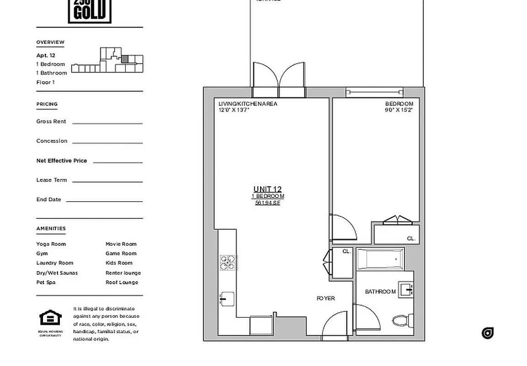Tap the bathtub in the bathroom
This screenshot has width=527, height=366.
coord(380,259)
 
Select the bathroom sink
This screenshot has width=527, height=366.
coord(406,290)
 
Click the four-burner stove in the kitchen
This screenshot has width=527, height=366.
coord(228,263)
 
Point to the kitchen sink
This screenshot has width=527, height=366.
coord(227,299)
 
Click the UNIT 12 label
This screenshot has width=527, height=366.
coord(267,189)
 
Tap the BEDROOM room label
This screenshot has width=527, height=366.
coord(399,104)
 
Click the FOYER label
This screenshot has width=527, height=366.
coord(325,298)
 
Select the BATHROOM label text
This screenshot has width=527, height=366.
coord(380,292)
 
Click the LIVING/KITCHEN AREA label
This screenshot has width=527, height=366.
coord(248,104)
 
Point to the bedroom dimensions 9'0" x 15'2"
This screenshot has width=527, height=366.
coord(399,110)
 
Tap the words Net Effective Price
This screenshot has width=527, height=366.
coord(62,161)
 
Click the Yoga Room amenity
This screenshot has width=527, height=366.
coord(51,244)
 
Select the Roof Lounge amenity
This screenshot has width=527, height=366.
coord(122,282)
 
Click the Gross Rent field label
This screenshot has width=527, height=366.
coord(51,121)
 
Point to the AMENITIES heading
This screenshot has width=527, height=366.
coord(51,228)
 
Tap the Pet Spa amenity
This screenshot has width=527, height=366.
coord(46,282)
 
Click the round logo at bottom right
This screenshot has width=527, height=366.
coord(487,333)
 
